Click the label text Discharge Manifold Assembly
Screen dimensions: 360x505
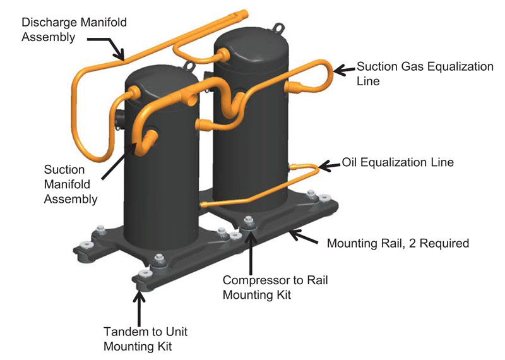(74, 30)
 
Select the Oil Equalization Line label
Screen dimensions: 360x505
(397, 162)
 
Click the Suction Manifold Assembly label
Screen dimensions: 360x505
(71, 184)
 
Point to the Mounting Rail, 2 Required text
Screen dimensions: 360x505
(397, 243)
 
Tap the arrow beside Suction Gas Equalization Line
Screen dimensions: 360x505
(344, 71)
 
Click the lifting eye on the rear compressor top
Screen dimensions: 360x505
(276, 27)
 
